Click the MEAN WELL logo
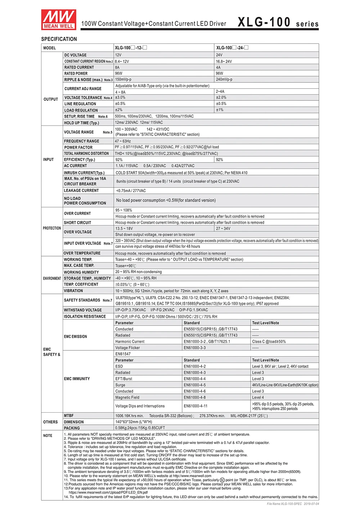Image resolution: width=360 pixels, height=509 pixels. [58, 19]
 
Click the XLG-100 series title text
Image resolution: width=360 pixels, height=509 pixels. [278, 22]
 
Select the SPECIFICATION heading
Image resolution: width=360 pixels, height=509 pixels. [59, 39]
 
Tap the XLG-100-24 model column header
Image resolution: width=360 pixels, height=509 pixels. [232, 47]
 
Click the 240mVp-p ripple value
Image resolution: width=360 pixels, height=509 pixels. [224, 79]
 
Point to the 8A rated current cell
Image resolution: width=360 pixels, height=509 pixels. [117, 67]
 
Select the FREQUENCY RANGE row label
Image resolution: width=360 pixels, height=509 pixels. [81, 141]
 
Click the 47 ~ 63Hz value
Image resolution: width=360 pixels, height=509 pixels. [123, 141]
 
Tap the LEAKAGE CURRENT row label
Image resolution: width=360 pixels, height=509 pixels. [81, 191]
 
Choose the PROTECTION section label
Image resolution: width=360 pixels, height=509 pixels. [52, 228]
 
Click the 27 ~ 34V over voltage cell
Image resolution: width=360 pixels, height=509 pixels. [223, 228]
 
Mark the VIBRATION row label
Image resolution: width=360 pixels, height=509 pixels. [73, 291]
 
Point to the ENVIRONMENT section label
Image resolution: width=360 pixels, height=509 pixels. [52, 278]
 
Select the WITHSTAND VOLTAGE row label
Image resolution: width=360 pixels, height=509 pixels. [83, 310]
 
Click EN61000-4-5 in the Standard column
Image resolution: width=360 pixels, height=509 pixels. [195, 385]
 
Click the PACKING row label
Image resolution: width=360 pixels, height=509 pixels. [72, 428]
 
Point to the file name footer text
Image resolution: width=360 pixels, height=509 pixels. [293, 504]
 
